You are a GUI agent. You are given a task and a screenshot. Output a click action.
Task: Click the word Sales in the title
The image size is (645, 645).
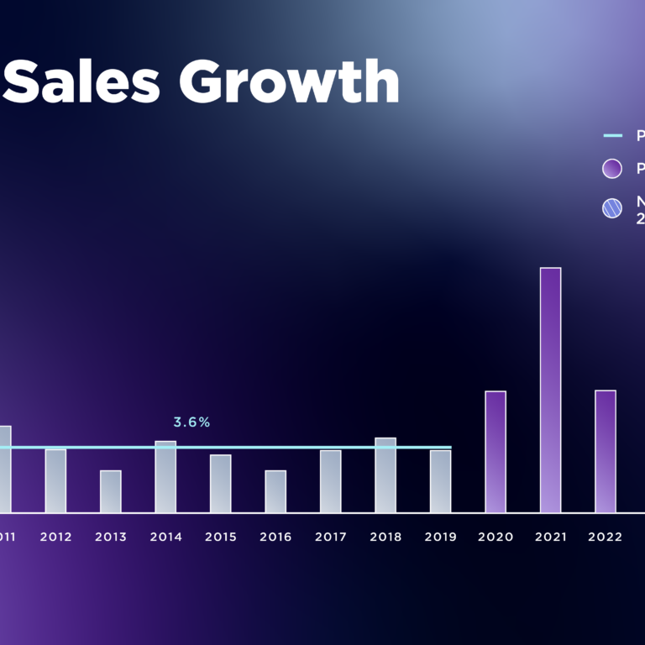pyautogui.click(x=87, y=83)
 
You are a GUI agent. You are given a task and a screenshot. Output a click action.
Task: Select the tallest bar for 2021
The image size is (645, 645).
pyautogui.click(x=550, y=391)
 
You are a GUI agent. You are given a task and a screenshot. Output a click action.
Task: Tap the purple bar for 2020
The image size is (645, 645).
pyautogui.click(x=496, y=452)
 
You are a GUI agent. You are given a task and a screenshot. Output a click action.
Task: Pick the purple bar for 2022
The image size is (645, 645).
pyautogui.click(x=606, y=452)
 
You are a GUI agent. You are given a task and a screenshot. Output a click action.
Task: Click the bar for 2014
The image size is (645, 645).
pyautogui.click(x=165, y=477)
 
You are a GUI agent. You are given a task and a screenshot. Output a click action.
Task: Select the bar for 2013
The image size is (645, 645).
pyautogui.click(x=111, y=491)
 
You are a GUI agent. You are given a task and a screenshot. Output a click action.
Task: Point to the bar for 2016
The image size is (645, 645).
pyautogui.click(x=275, y=491)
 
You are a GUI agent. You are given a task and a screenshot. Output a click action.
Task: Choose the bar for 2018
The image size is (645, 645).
pyautogui.click(x=385, y=475)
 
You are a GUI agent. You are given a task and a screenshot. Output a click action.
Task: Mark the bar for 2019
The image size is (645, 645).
pyautogui.click(x=440, y=481)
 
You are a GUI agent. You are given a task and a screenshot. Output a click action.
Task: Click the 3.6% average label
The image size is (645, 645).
pyautogui.click(x=191, y=422)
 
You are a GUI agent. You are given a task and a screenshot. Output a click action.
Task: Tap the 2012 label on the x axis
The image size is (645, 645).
pyautogui.click(x=55, y=537)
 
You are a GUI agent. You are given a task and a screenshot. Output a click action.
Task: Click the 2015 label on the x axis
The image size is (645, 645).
pyautogui.click(x=220, y=537)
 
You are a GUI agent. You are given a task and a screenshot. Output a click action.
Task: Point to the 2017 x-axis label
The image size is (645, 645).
pyautogui.click(x=330, y=537)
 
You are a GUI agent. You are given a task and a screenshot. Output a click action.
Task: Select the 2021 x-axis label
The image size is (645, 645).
pyautogui.click(x=550, y=537)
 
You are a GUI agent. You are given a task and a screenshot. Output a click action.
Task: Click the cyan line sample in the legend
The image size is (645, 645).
pyautogui.click(x=613, y=135)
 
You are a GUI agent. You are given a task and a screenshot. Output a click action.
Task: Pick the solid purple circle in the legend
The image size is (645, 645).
pyautogui.click(x=612, y=168)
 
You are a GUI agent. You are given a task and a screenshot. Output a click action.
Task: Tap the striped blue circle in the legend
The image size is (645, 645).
pyautogui.click(x=612, y=208)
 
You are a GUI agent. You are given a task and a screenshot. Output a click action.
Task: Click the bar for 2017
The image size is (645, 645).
pyautogui.click(x=330, y=481)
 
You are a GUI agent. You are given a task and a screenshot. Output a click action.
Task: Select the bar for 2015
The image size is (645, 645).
pyautogui.click(x=220, y=484)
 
